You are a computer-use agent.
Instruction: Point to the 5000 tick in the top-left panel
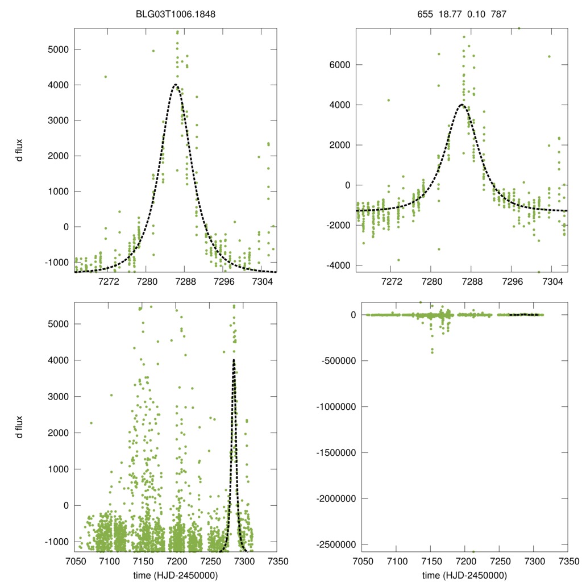[x=58, y=49]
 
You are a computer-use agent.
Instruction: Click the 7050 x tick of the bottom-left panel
[x=74, y=562]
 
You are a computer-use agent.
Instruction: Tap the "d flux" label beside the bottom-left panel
[x=20, y=426]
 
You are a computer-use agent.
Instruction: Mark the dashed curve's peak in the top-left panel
[x=176, y=85]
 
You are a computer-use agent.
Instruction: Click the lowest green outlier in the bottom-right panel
[x=473, y=551]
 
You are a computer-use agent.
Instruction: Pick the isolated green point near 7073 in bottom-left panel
[x=91, y=422]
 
